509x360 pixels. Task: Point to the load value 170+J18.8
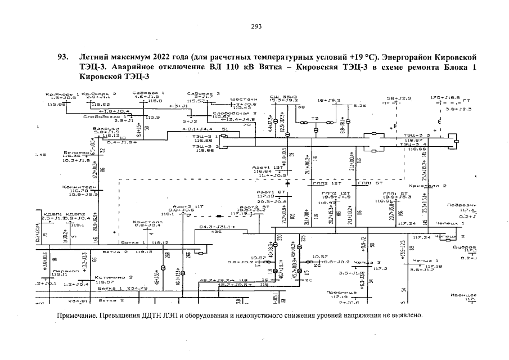pyautogui.click(x=444, y=97)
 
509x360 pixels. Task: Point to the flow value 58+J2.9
pyautogui.click(x=399, y=98)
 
